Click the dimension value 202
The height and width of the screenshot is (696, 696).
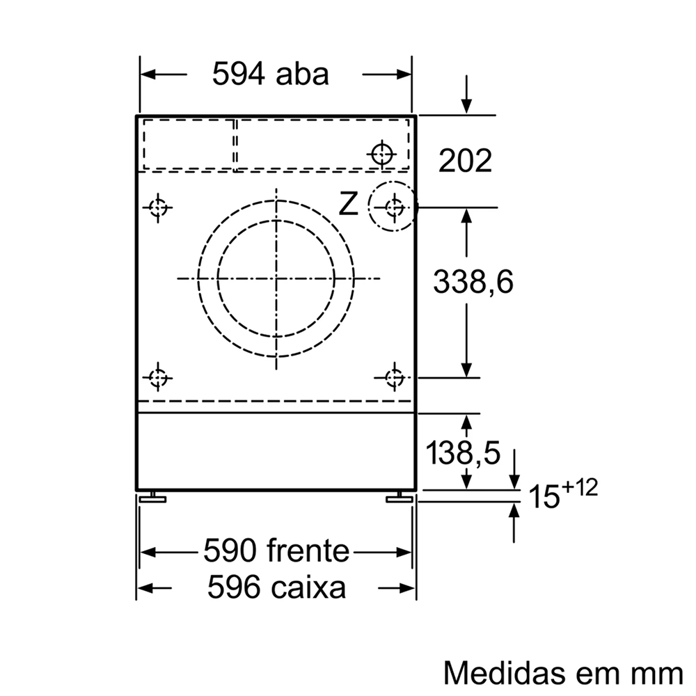pos(465,161)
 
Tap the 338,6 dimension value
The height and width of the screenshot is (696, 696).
pos(473,281)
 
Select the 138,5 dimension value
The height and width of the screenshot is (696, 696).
pos(463,453)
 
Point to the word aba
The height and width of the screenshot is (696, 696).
pos(302,74)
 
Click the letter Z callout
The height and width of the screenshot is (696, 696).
pos(348,205)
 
